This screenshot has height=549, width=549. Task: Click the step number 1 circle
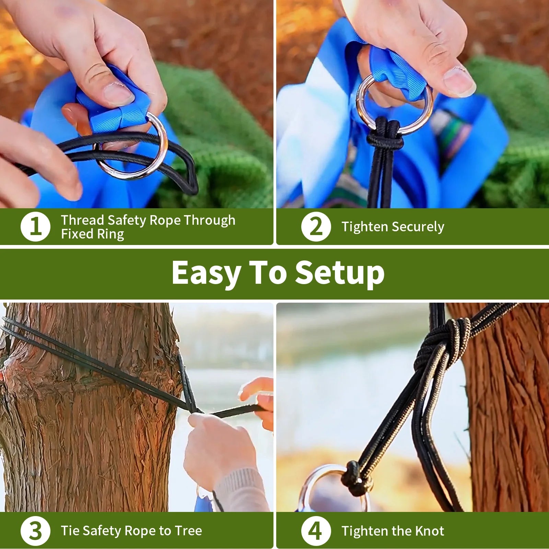(35, 227)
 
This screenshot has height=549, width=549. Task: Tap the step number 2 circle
(316, 227)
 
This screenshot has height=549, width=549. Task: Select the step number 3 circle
(35, 531)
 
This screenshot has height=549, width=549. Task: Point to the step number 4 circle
(316, 531)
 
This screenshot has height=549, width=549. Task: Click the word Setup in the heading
(340, 273)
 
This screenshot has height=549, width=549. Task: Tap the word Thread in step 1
(82, 220)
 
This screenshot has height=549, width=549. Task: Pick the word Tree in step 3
(188, 531)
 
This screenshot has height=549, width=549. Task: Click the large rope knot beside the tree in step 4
(443, 340)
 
